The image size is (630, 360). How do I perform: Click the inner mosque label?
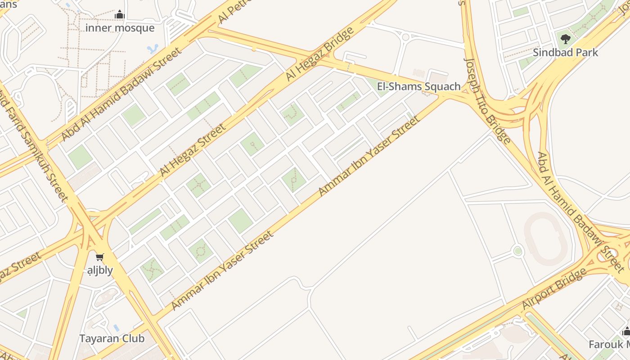point(120,28)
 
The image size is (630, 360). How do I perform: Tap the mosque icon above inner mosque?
point(119,14)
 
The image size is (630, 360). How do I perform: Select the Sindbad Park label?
point(565,52)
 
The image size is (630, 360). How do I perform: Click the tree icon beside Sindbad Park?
point(566,39)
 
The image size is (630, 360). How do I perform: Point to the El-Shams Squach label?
point(418,86)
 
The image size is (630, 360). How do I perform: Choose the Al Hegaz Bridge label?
point(320,54)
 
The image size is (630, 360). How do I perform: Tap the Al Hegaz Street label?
point(193,150)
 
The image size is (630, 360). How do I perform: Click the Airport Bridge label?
point(554,289)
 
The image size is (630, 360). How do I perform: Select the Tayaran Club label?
point(112,338)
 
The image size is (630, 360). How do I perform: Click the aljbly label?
point(100,270)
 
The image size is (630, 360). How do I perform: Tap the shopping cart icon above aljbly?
point(99,257)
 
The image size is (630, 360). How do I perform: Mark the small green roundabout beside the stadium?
point(517,251)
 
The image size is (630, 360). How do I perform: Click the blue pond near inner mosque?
point(153,48)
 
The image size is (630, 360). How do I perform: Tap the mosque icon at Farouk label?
point(626,332)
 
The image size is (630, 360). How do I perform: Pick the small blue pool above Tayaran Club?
point(117,328)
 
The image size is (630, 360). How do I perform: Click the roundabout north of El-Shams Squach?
point(405,37)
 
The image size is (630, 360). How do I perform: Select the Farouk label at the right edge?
point(609,345)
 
